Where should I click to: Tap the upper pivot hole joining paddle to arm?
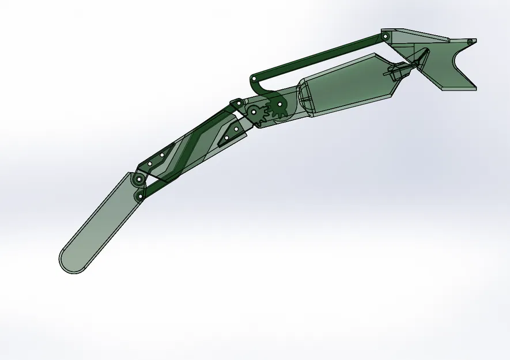(138, 180)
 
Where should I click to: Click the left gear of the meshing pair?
(255, 112)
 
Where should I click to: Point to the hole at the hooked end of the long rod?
(254, 77)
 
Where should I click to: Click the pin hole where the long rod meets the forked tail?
(386, 36)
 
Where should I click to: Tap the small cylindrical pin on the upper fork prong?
(470, 41)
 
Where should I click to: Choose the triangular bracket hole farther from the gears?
(228, 138)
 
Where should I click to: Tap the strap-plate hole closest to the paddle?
(150, 164)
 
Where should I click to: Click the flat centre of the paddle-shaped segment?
(104, 222)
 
